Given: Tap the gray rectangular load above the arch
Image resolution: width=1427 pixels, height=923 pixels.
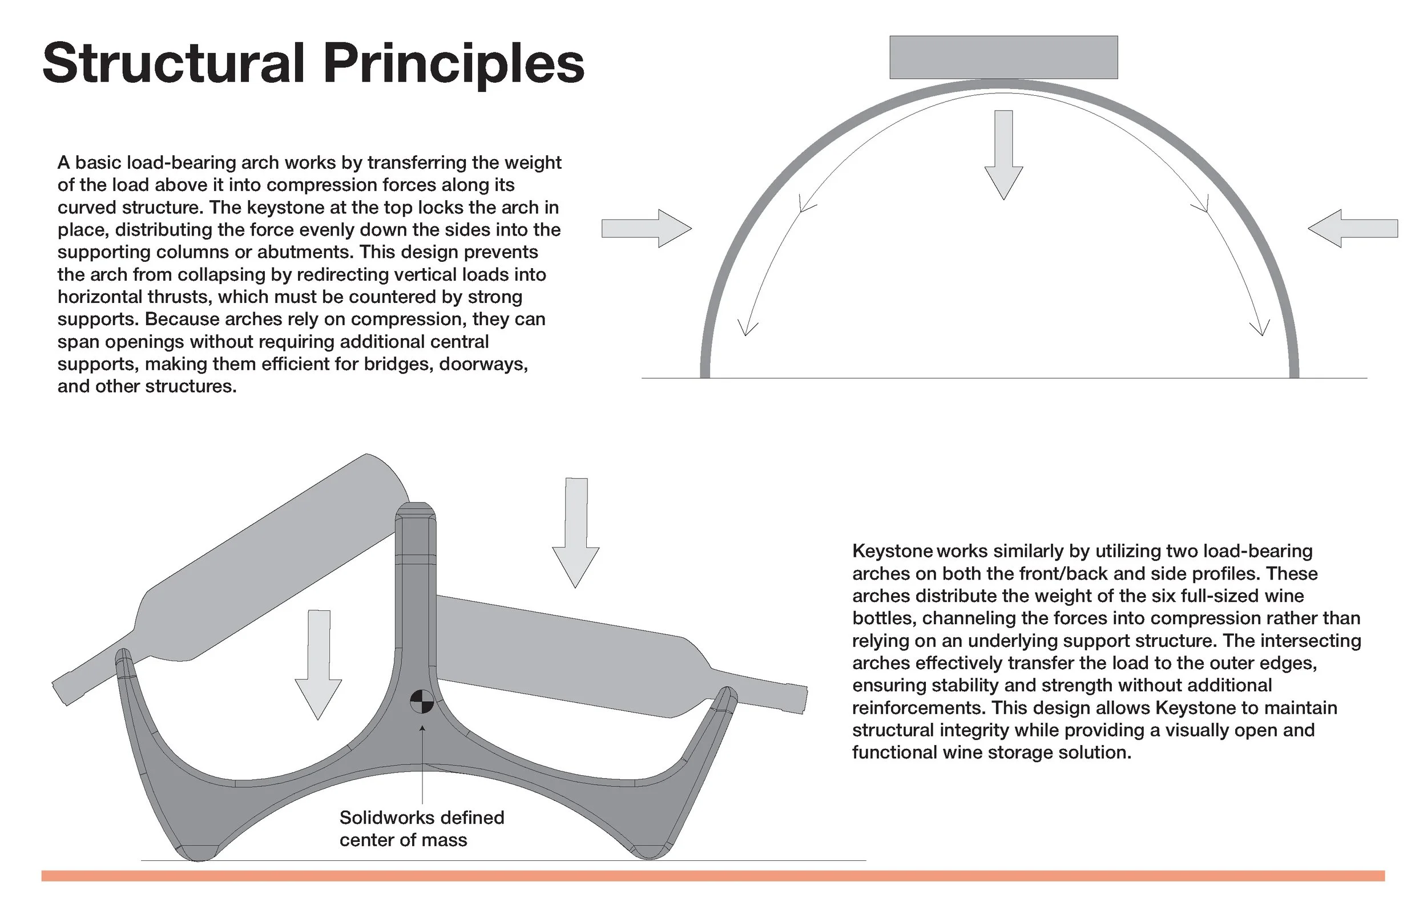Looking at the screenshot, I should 1003,57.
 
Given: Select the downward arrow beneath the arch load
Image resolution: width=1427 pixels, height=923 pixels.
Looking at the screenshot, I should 1003,155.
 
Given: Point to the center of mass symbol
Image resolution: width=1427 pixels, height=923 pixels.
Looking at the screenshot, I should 421,701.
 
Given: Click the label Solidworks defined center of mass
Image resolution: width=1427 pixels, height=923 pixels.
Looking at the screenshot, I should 421,828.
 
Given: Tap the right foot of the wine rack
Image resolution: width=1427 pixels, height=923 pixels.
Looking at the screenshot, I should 649,851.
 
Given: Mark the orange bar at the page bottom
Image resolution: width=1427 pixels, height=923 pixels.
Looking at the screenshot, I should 713,876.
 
